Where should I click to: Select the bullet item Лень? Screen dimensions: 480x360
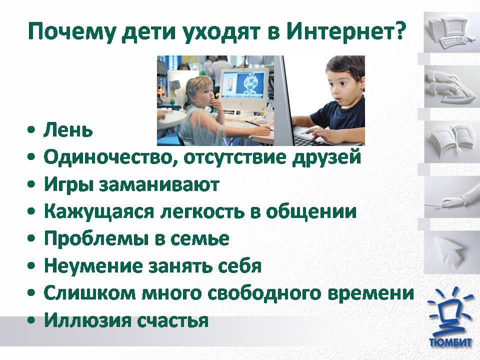point(68,130)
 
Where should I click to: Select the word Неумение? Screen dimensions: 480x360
point(93,265)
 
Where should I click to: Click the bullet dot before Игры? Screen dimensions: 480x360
point(31,185)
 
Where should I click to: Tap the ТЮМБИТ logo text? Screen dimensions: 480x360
point(450,342)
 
